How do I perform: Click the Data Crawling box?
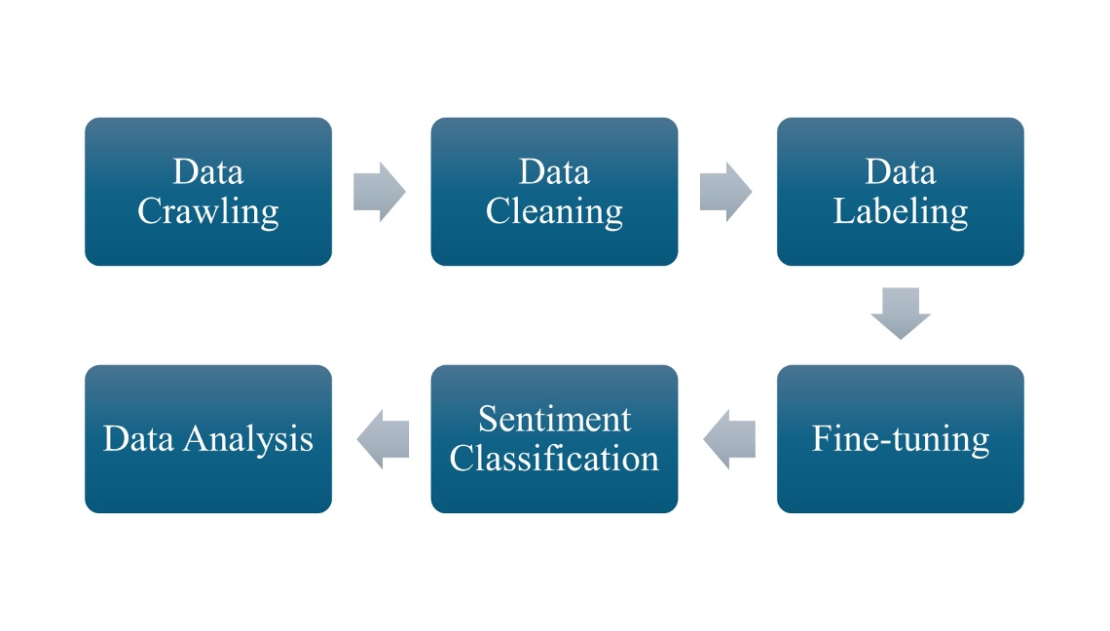coord(207,192)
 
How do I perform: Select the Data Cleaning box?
coord(554,192)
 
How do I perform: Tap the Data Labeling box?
coord(900,192)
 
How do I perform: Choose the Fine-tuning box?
coord(900,439)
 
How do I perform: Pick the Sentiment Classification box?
coord(554,439)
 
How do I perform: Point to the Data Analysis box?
coord(207,439)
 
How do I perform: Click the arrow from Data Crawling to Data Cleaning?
coord(379,192)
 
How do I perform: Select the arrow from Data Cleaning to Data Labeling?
coord(725,192)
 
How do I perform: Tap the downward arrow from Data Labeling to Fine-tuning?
coord(900,313)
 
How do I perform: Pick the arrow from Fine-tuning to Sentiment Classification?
coord(729,439)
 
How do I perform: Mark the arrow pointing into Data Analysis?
coord(383,439)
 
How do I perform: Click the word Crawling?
coord(207,211)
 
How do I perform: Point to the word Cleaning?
coord(554,211)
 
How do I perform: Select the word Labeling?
coord(900,211)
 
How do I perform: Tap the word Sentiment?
coord(554,420)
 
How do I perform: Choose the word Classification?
coord(554,459)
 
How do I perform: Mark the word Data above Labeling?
coord(900,172)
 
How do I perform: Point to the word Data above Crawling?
coord(207,172)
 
